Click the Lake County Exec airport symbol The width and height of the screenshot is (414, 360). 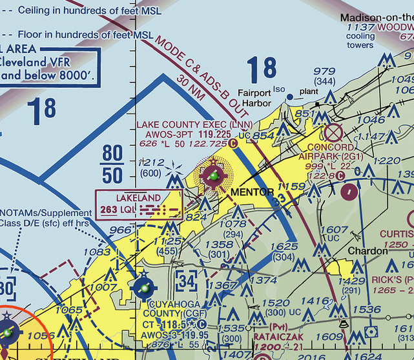214,175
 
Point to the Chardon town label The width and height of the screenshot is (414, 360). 368,252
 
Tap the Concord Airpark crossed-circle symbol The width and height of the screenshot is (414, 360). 333,134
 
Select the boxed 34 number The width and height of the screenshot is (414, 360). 187,281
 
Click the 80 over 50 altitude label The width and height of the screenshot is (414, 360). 112,165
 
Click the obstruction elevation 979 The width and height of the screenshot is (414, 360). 324,71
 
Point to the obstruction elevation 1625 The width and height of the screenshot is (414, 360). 284,246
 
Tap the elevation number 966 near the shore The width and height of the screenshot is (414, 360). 120,229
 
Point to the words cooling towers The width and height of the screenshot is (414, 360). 360,41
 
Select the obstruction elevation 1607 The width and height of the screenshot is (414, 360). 335,230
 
